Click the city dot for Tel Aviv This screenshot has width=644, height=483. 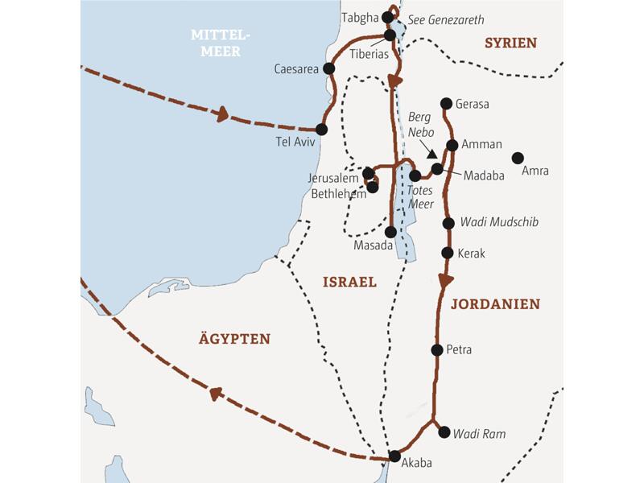[x=321, y=129]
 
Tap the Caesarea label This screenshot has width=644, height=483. [x=295, y=69]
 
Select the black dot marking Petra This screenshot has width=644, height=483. [x=437, y=349]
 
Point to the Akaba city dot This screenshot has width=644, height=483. [x=394, y=456]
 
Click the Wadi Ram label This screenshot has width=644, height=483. [x=480, y=434]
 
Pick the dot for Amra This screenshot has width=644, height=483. [x=518, y=157]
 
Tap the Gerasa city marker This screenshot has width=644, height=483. [x=447, y=103]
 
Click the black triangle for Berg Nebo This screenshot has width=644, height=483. [x=432, y=154]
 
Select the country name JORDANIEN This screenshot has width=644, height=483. [x=495, y=304]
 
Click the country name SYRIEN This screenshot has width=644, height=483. [x=510, y=43]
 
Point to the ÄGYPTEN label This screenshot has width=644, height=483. [x=234, y=339]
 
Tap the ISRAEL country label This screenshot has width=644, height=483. [x=349, y=283]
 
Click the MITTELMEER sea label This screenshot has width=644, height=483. [x=221, y=43]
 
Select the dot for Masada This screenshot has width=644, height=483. [x=391, y=231]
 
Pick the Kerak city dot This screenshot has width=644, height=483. [x=448, y=253]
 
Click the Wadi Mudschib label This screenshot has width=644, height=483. [x=499, y=222]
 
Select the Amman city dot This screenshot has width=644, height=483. [x=452, y=145]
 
